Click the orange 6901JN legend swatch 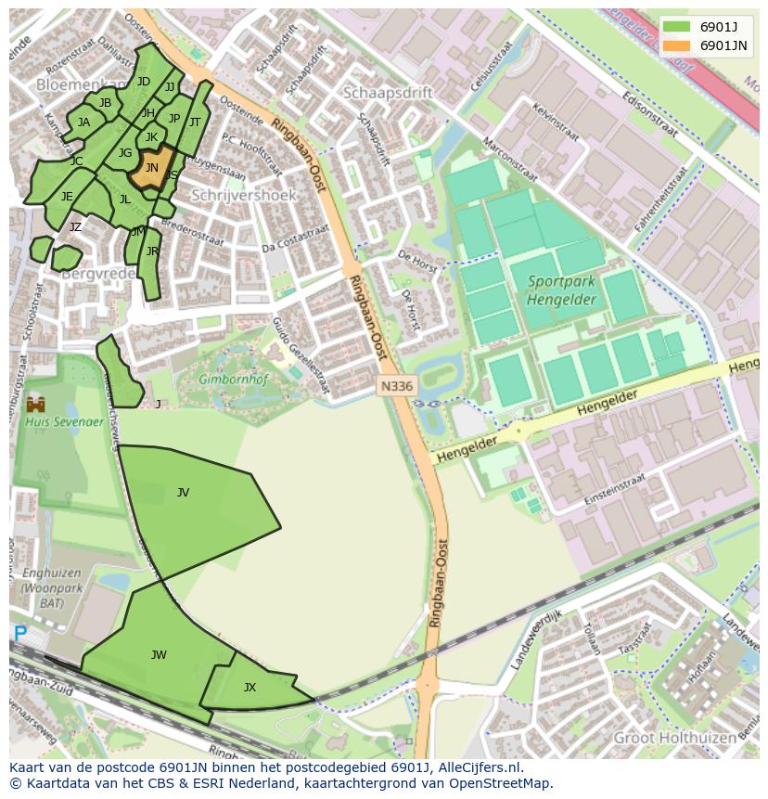click(677, 45)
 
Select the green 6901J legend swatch click(677, 26)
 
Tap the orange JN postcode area click(151, 168)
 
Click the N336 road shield click(397, 385)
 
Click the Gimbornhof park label click(228, 379)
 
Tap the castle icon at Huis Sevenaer click(36, 405)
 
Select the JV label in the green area click(183, 493)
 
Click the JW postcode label click(159, 655)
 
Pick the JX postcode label click(250, 688)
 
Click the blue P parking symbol click(19, 635)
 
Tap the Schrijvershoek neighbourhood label click(243, 195)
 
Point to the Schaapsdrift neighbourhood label click(388, 92)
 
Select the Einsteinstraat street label click(615, 493)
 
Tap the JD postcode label click(143, 82)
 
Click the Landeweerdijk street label click(536, 640)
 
